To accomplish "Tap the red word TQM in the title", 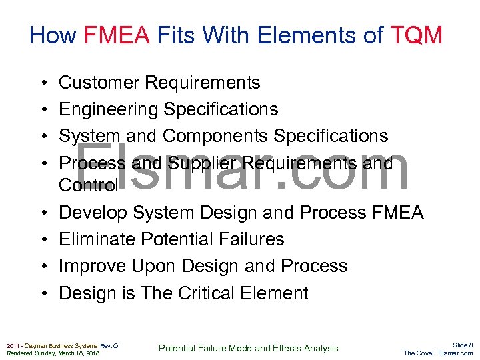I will (417, 35).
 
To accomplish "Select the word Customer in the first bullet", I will (99, 83).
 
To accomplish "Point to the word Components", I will (215, 136).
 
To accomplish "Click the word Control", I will (88, 185).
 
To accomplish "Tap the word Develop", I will (93, 213).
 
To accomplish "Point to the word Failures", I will (249, 239).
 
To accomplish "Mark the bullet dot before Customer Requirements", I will (42, 83).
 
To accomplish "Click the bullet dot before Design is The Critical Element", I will (42, 293).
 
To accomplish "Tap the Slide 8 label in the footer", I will (462, 344).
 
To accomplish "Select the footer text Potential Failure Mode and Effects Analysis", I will (248, 348).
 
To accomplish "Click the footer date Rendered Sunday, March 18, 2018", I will (52, 353).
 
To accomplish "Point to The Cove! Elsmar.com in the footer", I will (438, 353).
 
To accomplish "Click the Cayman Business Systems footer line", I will (62, 345).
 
